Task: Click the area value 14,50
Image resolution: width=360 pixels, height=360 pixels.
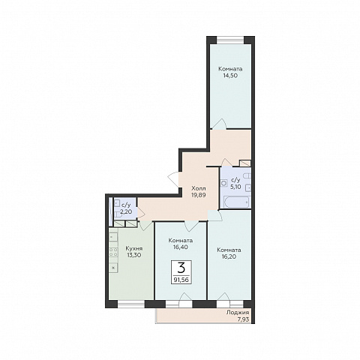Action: [230, 75]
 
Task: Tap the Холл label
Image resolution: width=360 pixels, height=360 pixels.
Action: [199, 188]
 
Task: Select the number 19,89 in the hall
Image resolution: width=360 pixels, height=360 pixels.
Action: [199, 195]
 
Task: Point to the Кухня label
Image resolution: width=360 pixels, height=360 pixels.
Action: [134, 248]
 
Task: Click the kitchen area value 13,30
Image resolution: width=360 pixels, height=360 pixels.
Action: [134, 255]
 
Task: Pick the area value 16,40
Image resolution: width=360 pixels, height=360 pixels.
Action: [181, 247]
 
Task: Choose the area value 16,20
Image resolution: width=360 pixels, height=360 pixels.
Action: [229, 256]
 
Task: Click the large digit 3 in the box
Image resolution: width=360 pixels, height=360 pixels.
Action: [181, 268]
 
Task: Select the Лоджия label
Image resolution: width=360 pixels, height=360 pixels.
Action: [238, 312]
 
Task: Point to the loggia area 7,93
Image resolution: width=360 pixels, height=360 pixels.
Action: [244, 319]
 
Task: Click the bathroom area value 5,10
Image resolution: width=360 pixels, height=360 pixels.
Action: [235, 186]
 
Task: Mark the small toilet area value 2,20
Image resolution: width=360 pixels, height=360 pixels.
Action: [126, 212]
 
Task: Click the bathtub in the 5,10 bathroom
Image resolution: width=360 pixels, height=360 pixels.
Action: [237, 202]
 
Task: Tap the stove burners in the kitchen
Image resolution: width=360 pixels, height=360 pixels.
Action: [113, 252]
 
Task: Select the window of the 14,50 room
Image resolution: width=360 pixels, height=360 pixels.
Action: [230, 40]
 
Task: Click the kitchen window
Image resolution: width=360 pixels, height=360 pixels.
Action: [131, 304]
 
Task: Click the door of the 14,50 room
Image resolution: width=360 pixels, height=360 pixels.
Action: [219, 124]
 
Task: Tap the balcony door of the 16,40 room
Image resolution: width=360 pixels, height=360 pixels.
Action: [185, 299]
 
